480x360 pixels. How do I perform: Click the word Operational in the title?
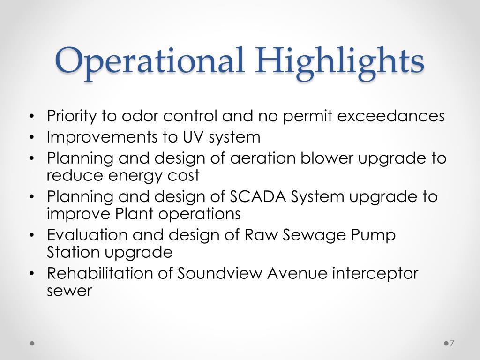coord(150,60)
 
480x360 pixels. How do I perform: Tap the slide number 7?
coord(452,344)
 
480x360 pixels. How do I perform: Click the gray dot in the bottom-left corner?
coord(32,344)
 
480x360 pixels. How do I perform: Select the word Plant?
coord(135,214)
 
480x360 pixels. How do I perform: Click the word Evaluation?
coord(87,235)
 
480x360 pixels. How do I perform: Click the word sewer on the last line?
coord(69,291)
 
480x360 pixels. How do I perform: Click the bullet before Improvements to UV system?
coord(31,137)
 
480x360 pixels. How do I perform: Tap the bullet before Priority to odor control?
coord(31,116)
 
